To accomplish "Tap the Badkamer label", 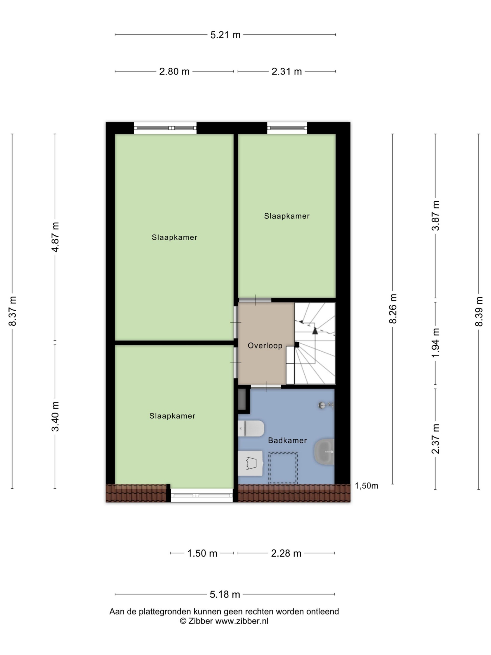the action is pos(287,440).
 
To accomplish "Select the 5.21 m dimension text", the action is pos(225,35).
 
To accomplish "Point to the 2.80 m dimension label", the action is pos(174,71).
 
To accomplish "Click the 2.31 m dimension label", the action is pos(286,71).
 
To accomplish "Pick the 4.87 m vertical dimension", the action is pos(55,237).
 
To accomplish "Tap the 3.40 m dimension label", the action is pos(55,416).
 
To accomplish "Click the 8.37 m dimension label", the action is pos(13,311).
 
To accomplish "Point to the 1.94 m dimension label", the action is pos(435,343).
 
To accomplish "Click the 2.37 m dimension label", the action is pos(435,439).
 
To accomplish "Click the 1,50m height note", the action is pos(366,486).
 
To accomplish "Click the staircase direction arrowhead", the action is pos(315,331).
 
